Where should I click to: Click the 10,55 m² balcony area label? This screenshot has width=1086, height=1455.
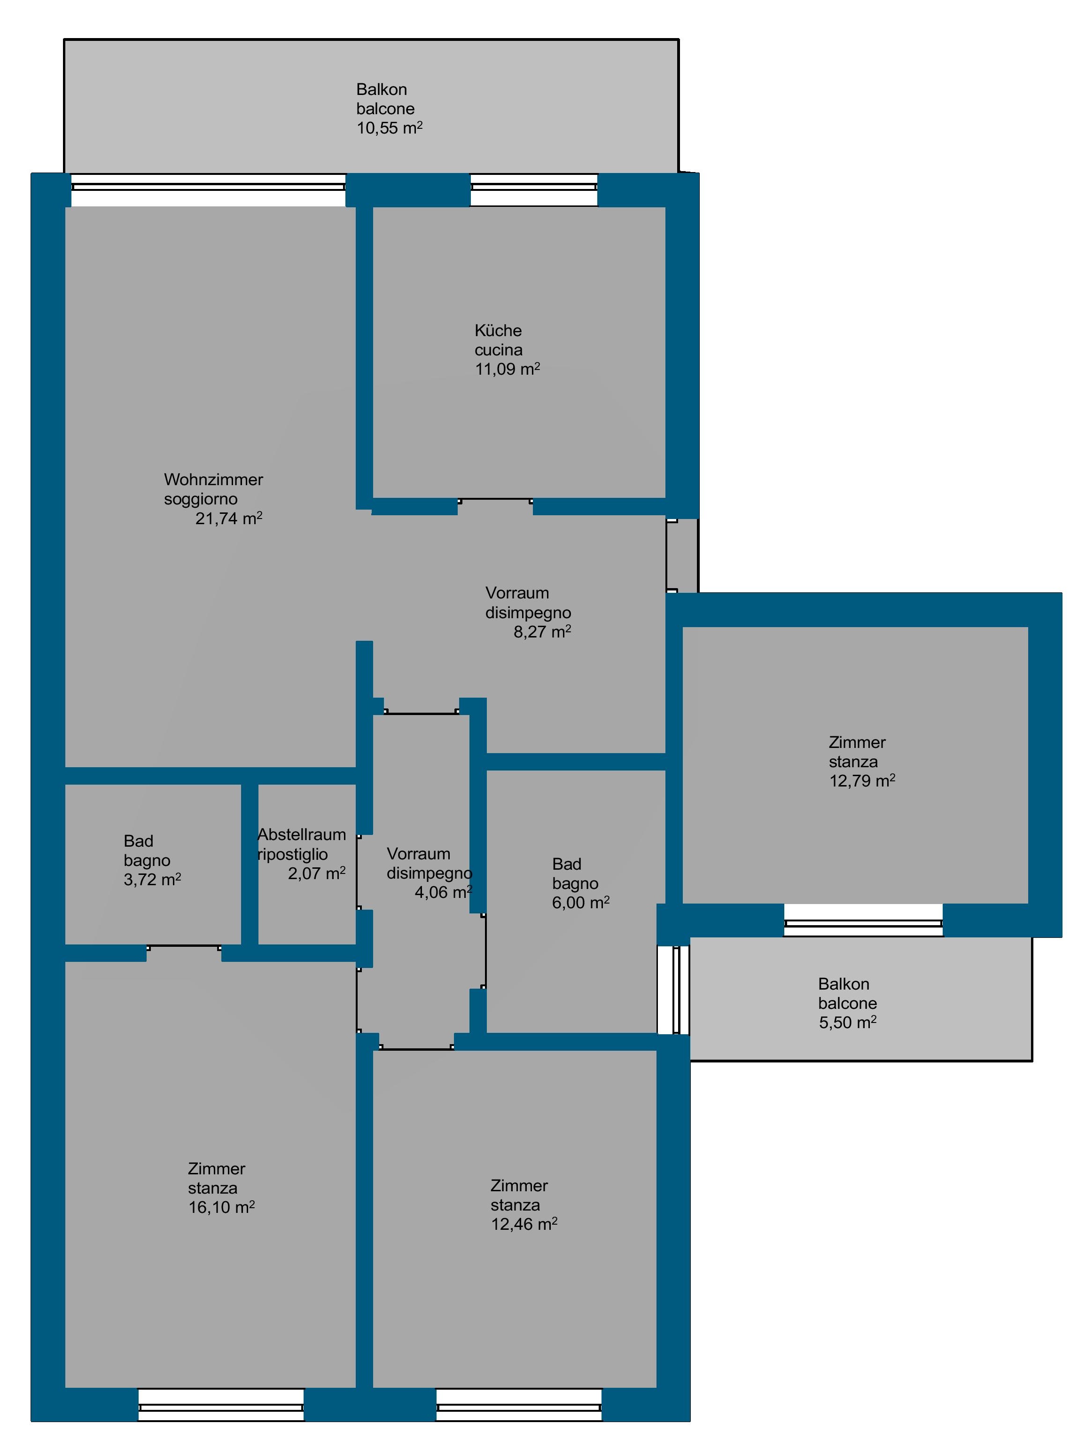point(389,127)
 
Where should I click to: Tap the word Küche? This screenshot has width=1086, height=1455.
point(498,330)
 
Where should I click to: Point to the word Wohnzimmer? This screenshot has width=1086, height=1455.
point(214,480)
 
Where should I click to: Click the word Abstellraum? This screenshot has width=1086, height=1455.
point(302,834)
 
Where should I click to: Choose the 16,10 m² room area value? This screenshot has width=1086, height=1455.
point(221,1207)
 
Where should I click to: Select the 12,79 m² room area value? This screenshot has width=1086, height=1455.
point(862,781)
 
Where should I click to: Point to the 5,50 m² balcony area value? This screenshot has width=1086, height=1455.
point(847,1022)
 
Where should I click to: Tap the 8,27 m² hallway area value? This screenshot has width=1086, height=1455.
point(542,632)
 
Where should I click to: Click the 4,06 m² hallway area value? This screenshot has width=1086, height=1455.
point(444,892)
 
